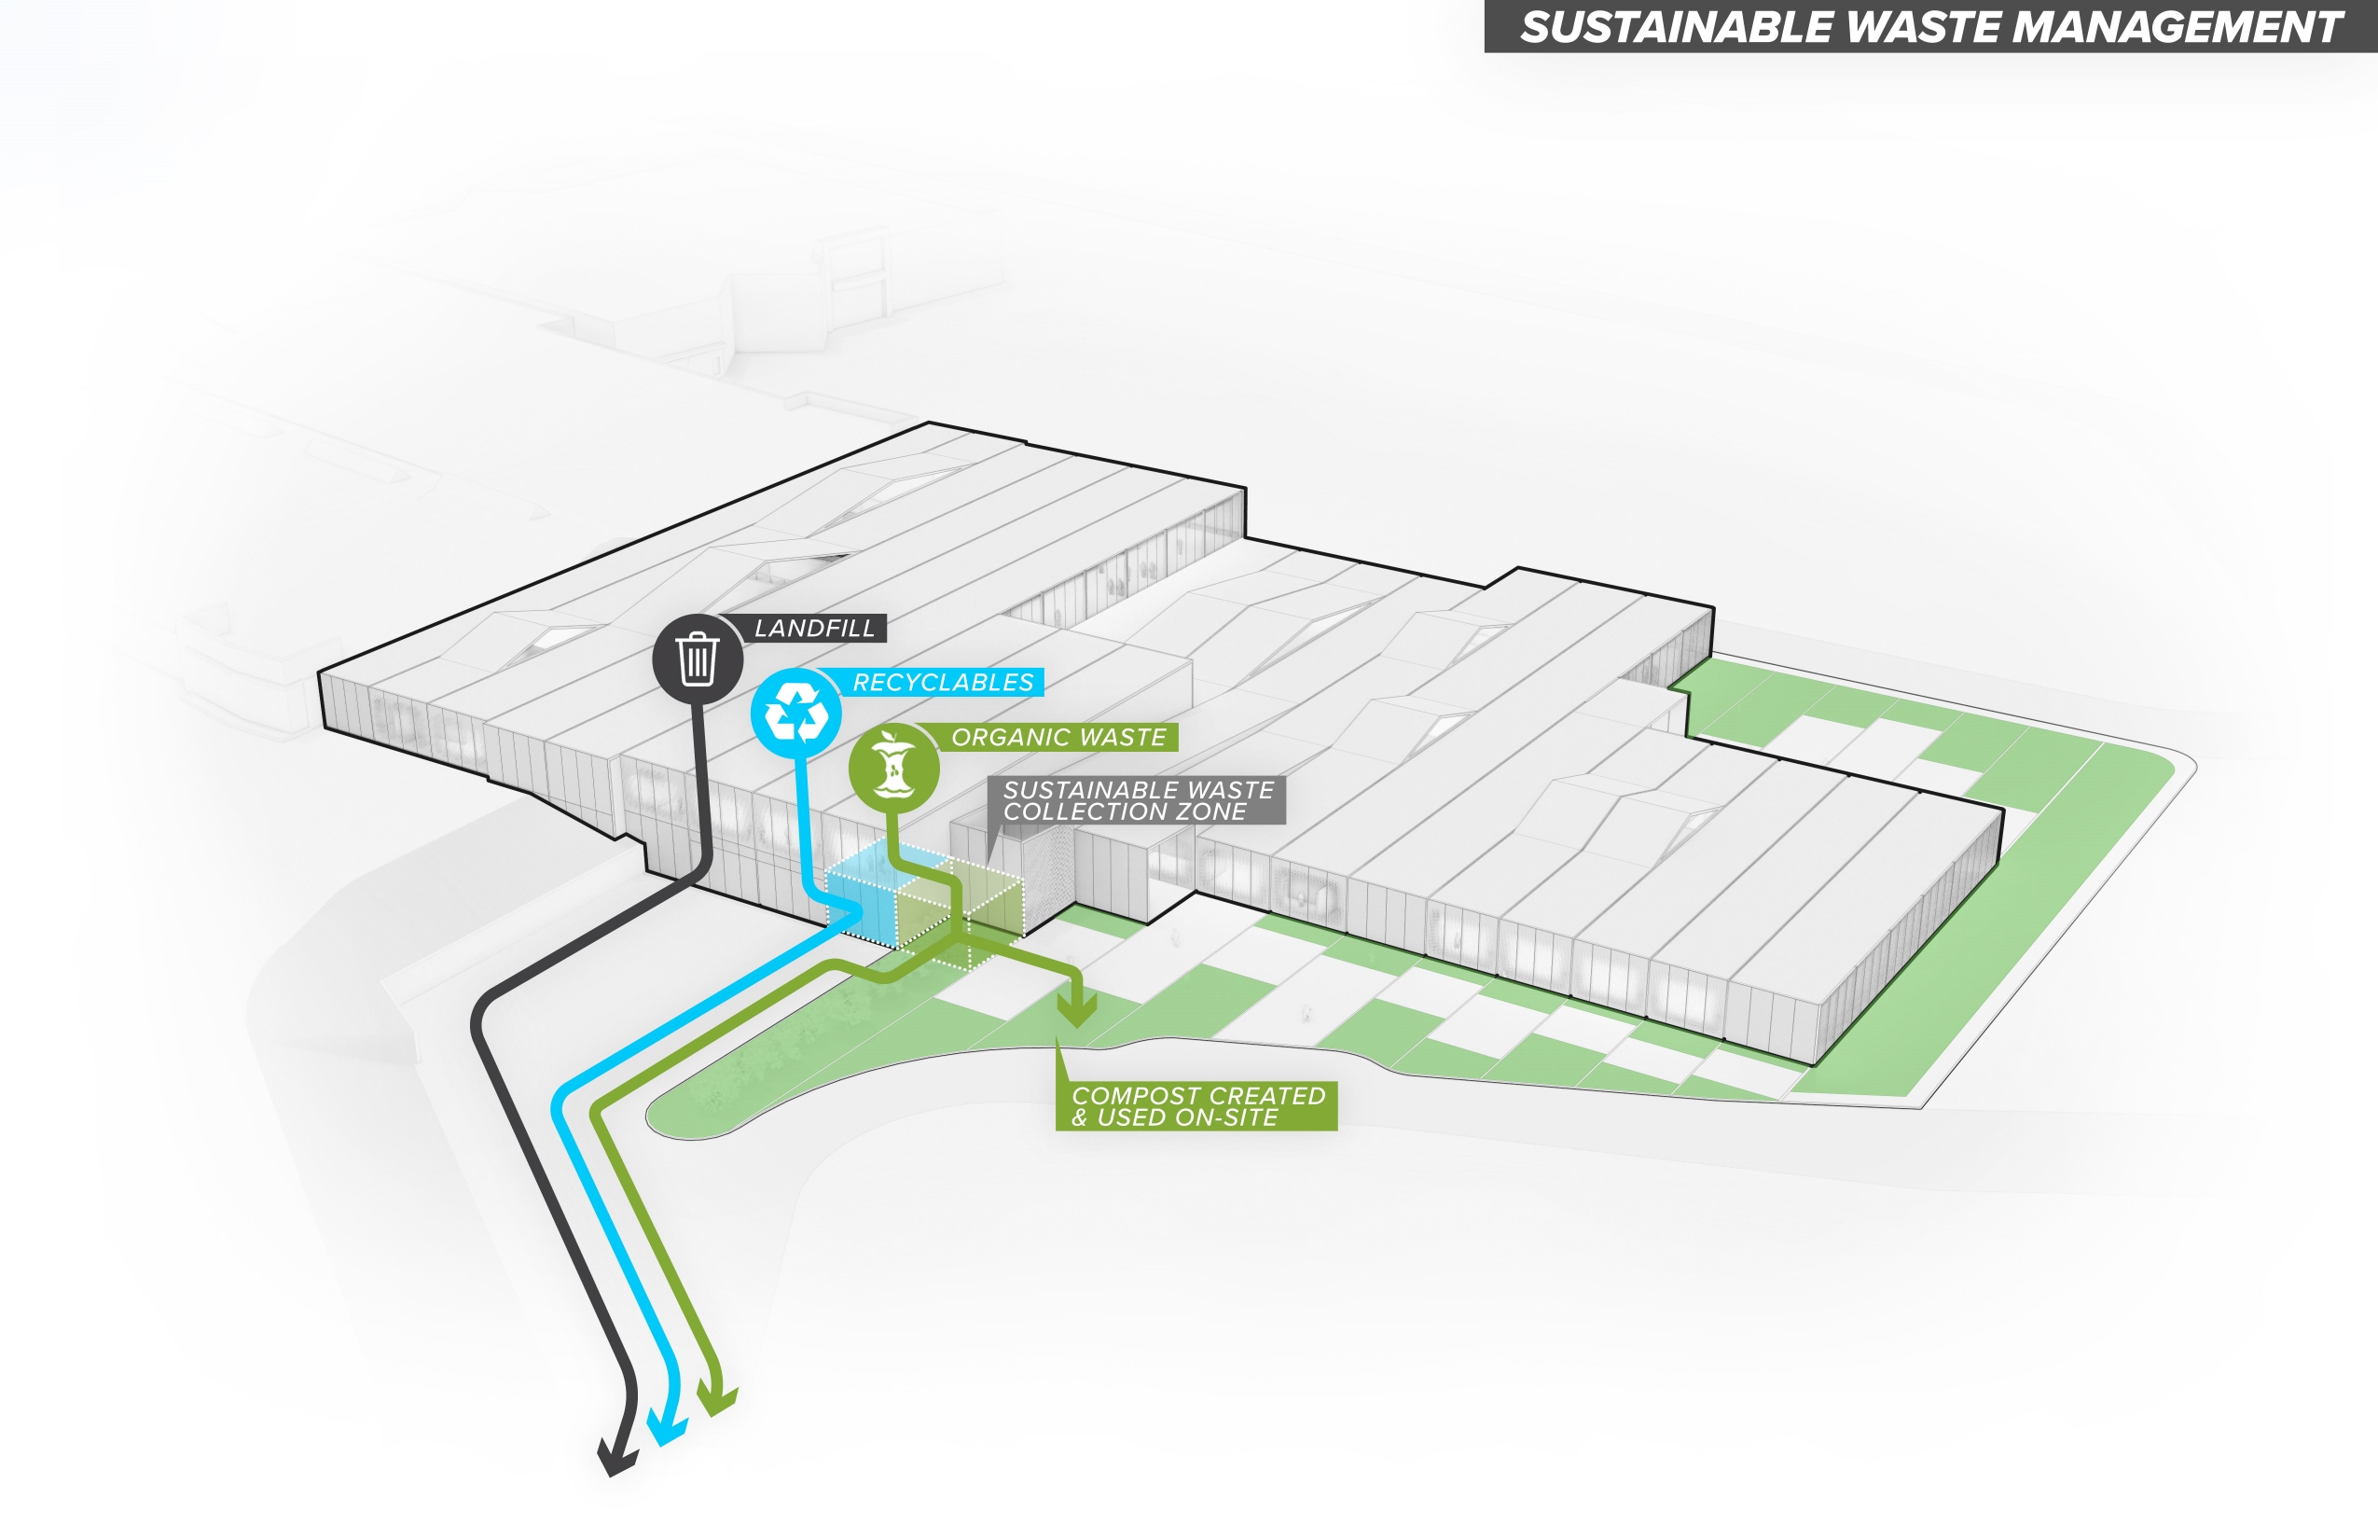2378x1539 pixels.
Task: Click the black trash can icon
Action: pos(698,659)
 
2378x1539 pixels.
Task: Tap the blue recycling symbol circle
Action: pos(795,714)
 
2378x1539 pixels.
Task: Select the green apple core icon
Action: pos(893,768)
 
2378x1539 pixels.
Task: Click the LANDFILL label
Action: pos(813,629)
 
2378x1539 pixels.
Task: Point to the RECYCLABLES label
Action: pos(942,683)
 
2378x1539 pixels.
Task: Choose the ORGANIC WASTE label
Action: pos(1058,738)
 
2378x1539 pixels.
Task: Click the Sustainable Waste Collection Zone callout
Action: pos(1137,800)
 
